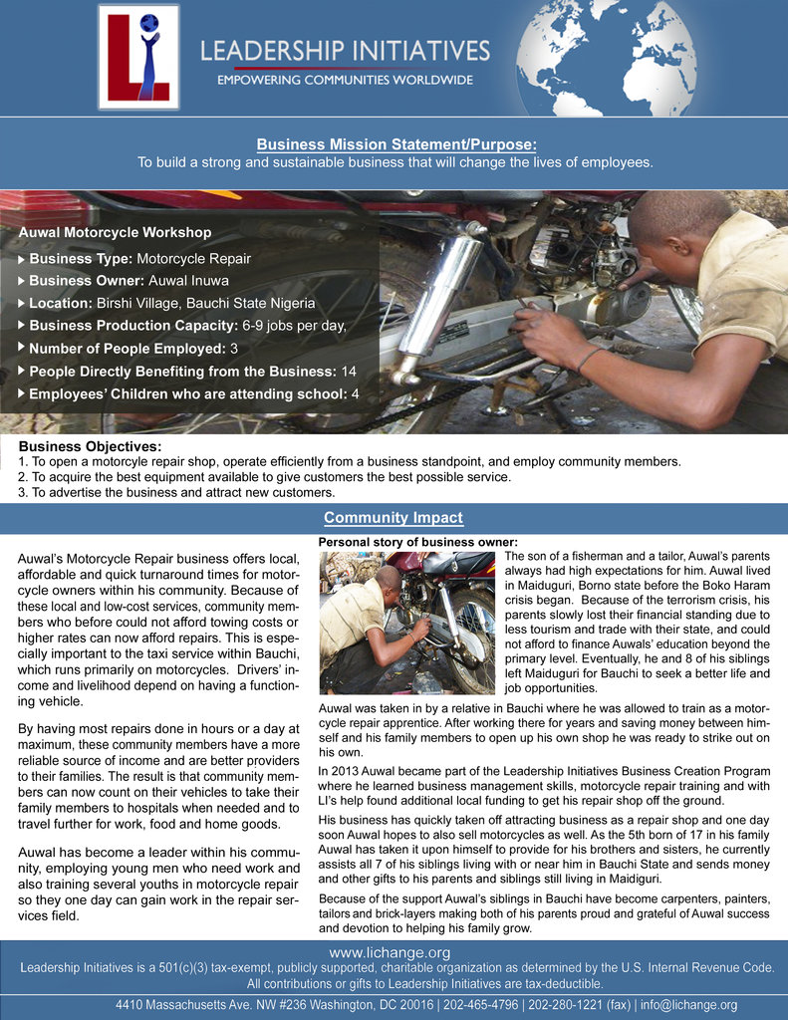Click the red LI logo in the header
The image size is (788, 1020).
[x=138, y=56]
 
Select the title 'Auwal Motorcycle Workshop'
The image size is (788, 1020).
[x=116, y=232]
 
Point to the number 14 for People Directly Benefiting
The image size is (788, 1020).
[x=349, y=371]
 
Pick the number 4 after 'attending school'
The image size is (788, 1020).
[x=355, y=393]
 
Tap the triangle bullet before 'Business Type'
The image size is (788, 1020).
[x=22, y=259]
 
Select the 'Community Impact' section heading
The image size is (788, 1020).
[x=394, y=517]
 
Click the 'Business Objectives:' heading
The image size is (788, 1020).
[x=91, y=447]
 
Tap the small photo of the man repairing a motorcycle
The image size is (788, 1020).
[x=407, y=622]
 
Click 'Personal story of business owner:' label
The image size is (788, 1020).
[x=417, y=541]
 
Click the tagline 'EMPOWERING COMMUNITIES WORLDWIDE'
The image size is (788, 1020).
[x=345, y=80]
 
